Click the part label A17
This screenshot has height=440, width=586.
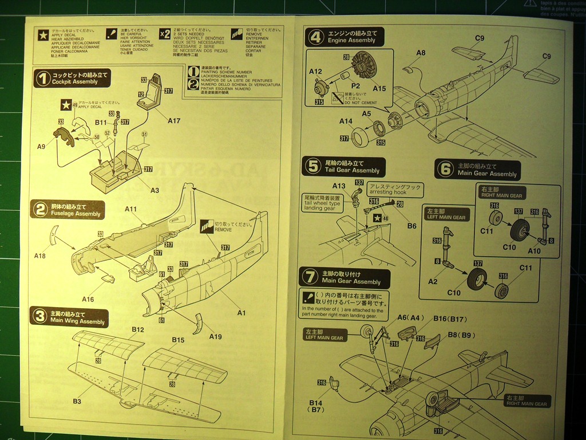[174, 120]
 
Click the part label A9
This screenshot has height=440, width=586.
[41, 147]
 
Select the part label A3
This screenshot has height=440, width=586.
[155, 190]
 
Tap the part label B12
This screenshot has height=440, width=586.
[137, 329]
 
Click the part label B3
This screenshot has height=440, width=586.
[77, 401]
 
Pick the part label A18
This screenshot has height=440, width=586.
[40, 256]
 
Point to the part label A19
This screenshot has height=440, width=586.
[215, 336]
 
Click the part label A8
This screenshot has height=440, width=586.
[421, 53]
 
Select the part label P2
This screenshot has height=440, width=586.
[355, 85]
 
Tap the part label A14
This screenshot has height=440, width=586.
[346, 121]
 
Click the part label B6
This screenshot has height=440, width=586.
[411, 226]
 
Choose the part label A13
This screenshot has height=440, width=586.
[339, 186]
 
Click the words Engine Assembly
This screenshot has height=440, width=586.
[351, 41]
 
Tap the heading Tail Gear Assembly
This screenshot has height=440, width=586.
[352, 170]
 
